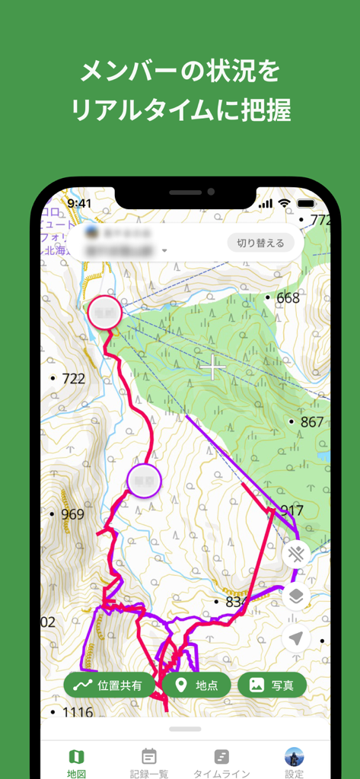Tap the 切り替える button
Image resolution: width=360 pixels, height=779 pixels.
[x=260, y=243]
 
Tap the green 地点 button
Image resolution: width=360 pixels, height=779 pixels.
[x=196, y=685]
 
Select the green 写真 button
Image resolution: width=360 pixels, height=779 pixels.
[x=272, y=685]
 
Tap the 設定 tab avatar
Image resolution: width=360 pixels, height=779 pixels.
[x=294, y=757]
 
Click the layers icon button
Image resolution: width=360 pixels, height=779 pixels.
[x=296, y=596]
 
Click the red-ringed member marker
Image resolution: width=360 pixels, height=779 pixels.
[x=105, y=313]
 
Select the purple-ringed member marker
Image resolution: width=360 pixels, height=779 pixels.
[x=144, y=480]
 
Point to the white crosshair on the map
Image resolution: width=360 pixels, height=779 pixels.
[x=213, y=367]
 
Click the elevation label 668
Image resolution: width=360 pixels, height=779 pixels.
[x=288, y=298]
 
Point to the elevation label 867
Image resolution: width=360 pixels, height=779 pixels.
[x=312, y=422]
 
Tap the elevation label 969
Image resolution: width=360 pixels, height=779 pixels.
[x=72, y=514]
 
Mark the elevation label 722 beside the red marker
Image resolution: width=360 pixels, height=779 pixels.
[x=73, y=378]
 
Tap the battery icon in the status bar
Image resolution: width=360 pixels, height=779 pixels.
[x=306, y=204]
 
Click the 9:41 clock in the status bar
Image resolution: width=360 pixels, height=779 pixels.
[x=79, y=204]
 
